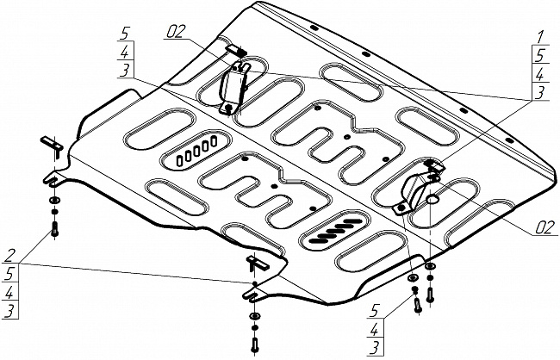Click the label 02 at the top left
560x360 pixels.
tap(177, 33)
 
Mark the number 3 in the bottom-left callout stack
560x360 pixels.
tap(9, 310)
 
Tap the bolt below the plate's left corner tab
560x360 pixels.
tap(55, 227)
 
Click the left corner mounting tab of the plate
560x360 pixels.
tap(54, 180)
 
